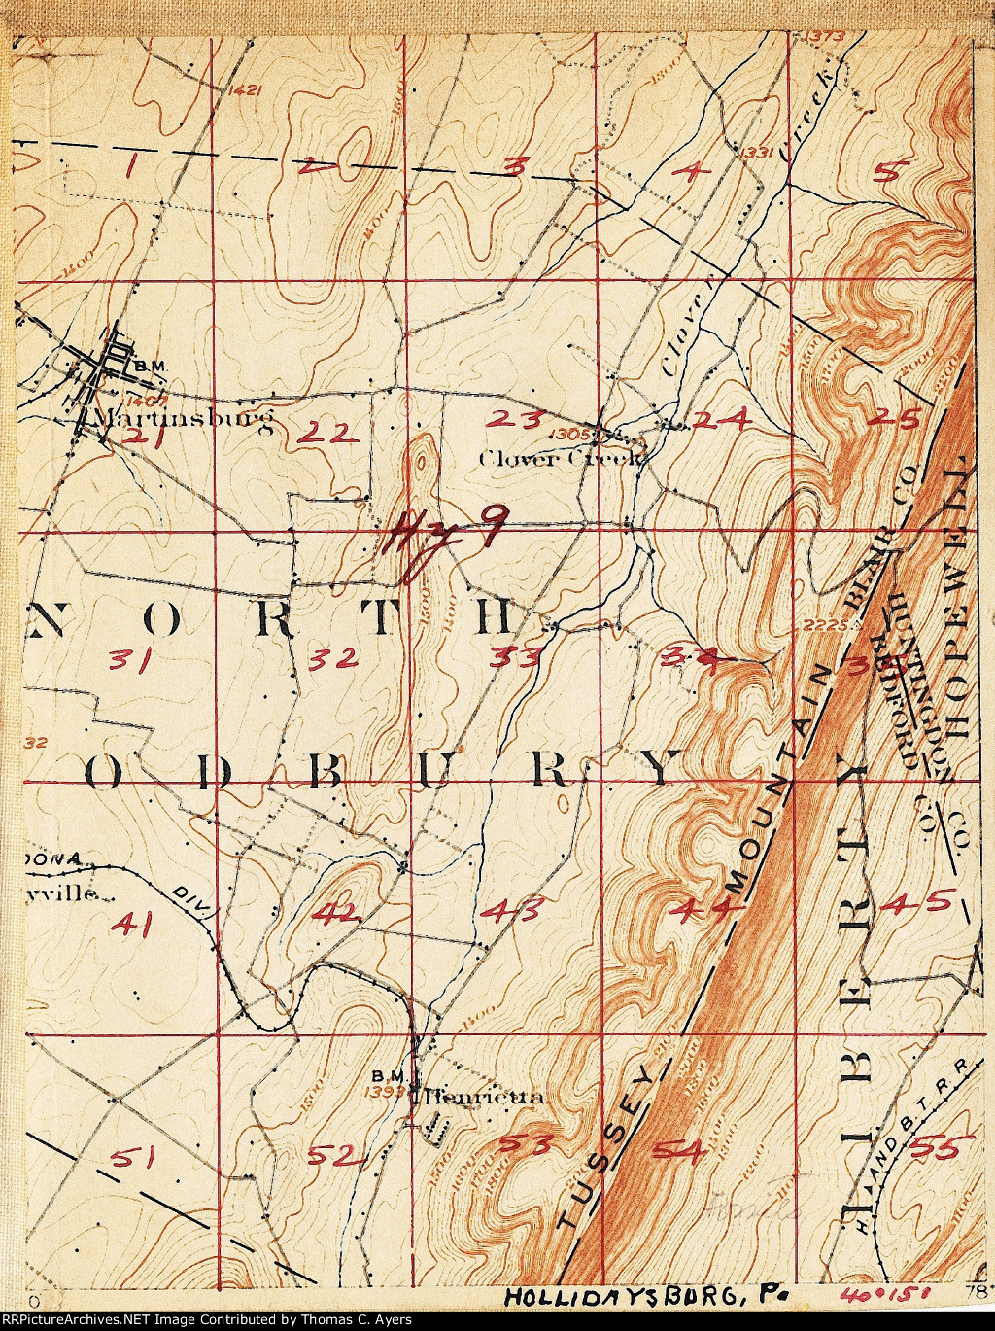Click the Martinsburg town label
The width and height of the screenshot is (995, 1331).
click(174, 419)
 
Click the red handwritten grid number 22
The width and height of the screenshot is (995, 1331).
click(325, 435)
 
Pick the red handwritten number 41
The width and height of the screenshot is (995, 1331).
click(132, 923)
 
